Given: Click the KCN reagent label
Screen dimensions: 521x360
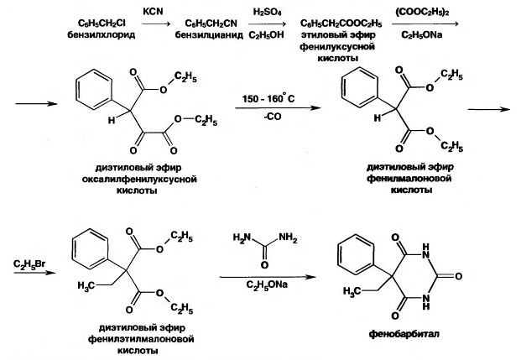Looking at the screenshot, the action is click(153, 11).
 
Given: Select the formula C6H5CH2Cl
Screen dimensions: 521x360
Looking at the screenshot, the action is click(102, 23).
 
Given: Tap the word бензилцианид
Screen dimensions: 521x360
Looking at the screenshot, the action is click(209, 35).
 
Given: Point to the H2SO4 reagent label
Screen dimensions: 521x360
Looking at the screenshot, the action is click(267, 13).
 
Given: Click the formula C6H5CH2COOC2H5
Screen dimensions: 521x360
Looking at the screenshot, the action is click(341, 23).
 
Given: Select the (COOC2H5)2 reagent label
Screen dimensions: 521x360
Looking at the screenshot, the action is click(423, 12).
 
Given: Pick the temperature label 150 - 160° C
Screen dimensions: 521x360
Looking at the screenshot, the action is click(268, 99).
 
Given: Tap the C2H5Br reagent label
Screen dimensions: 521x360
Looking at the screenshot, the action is click(29, 265).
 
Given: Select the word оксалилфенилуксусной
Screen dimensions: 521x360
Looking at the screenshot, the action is click(139, 180).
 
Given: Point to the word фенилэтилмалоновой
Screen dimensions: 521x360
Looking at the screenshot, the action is click(141, 339).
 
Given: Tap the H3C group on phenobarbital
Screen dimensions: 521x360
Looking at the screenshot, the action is click(352, 291).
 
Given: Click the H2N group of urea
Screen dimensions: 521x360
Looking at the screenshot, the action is click(242, 237).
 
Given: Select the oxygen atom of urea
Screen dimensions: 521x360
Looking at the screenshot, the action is click(264, 264).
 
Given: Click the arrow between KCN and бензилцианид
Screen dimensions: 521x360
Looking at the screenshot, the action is click(156, 24).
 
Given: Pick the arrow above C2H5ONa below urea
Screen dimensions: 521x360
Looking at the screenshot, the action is click(268, 277).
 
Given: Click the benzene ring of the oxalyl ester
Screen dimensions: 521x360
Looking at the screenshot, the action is click(92, 89).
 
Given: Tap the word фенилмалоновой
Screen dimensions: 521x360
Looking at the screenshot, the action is click(409, 179).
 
